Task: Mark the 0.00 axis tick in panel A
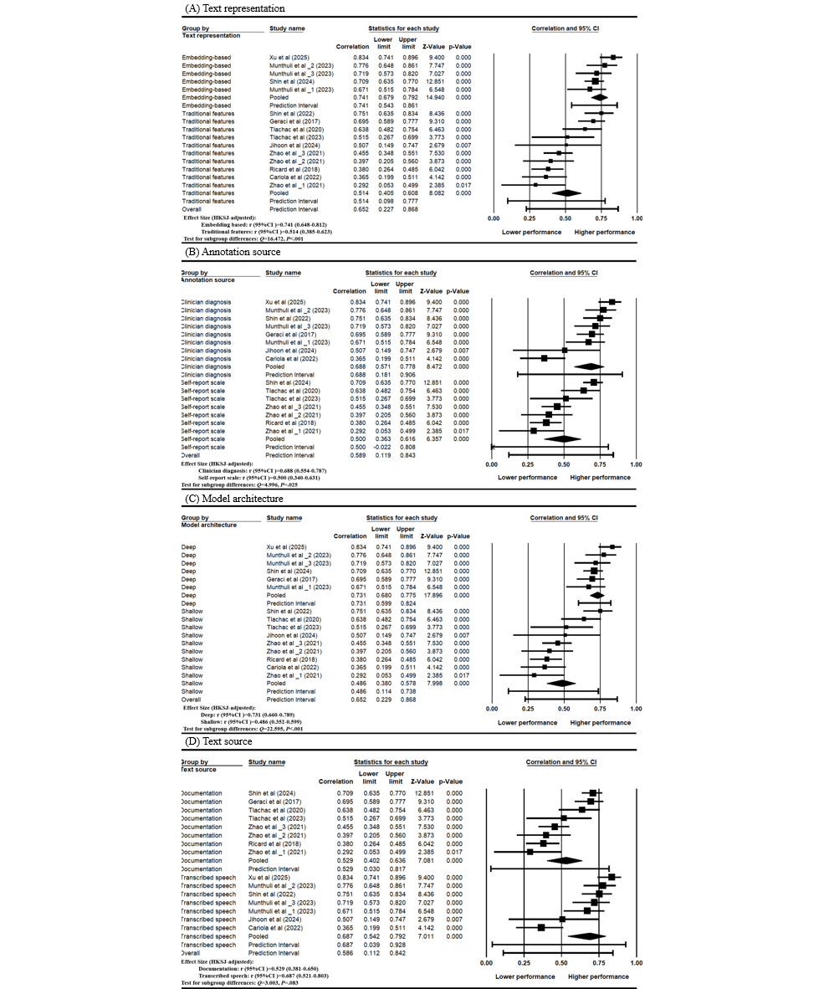pyautogui.click(x=494, y=218)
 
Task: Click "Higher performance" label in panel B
pyautogui.click(x=601, y=477)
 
